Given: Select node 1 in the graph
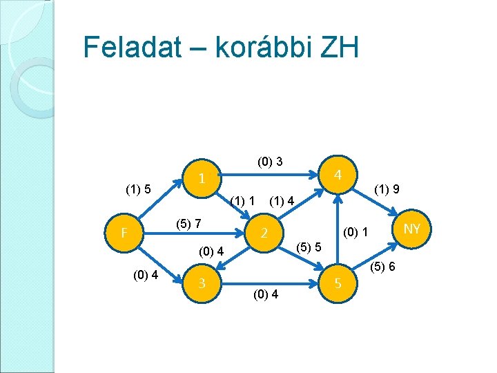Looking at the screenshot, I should point(201,178).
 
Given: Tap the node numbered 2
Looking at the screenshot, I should point(264,233).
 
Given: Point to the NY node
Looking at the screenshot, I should point(412,228).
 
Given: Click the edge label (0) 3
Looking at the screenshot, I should point(269,162).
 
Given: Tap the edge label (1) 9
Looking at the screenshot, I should point(388,188).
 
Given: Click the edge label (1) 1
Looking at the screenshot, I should point(244,201).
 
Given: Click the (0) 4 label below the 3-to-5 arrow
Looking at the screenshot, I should point(266,295).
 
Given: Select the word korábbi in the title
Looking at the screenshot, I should point(264,48).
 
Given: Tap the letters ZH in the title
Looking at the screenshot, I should point(340,48).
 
